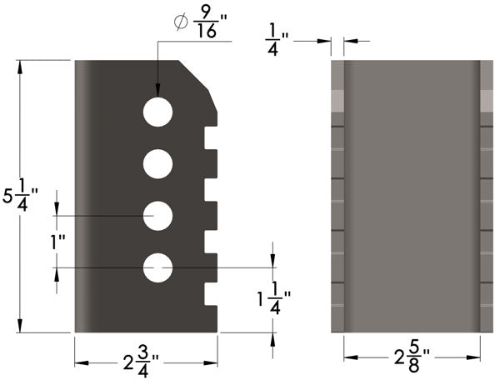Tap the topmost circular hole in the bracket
157,112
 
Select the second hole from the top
157,164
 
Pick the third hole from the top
157,216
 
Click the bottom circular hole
157,267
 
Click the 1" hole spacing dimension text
57,242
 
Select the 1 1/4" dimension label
273,299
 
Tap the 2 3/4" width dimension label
140,362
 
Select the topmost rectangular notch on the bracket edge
211,138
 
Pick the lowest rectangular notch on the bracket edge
211,294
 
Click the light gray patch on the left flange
337,100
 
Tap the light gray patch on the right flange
487,100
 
